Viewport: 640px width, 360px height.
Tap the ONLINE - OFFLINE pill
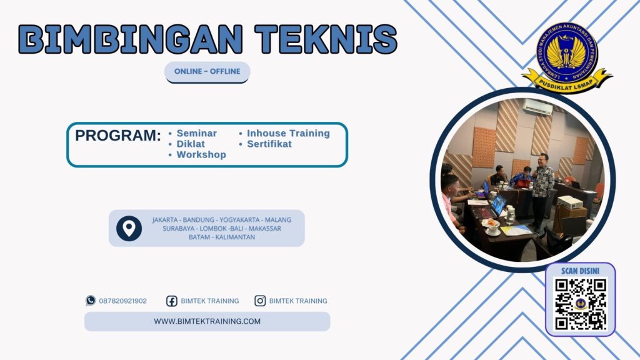pos(207,71)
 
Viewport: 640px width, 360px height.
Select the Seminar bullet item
pos(196,133)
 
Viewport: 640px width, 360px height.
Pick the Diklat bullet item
pos(191,144)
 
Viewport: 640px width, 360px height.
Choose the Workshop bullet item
pos(201,154)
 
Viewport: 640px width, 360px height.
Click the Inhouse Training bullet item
pos(287,133)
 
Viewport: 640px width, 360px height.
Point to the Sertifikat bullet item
pos(269,144)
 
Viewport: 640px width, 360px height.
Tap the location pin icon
pos(129,228)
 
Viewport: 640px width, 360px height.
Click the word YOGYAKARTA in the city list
pos(239,220)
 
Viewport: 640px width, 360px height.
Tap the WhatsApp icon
pos(91,301)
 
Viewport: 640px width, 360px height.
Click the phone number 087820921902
pos(122,301)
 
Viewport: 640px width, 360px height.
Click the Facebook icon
pos(171,301)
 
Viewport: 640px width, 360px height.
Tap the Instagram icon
pos(260,301)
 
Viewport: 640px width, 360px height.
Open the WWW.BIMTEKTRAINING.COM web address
pos(207,321)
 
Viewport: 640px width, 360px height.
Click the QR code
pos(581,304)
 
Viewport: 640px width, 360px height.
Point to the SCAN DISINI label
pos(580,271)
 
